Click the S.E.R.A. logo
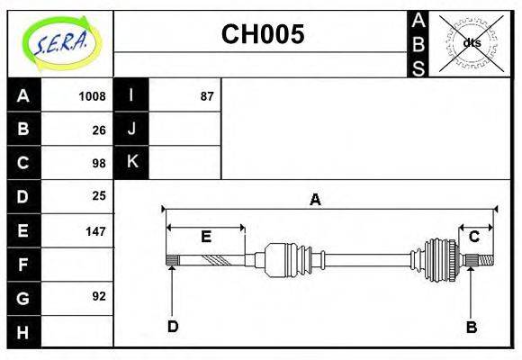[x=62, y=43]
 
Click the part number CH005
[x=263, y=34]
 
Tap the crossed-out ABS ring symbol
[x=471, y=43]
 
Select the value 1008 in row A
[x=92, y=96]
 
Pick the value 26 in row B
[x=99, y=130]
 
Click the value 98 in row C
[x=99, y=164]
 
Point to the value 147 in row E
[x=95, y=231]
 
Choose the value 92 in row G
[x=99, y=296]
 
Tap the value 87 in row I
[x=207, y=96]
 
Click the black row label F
[x=23, y=265]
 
